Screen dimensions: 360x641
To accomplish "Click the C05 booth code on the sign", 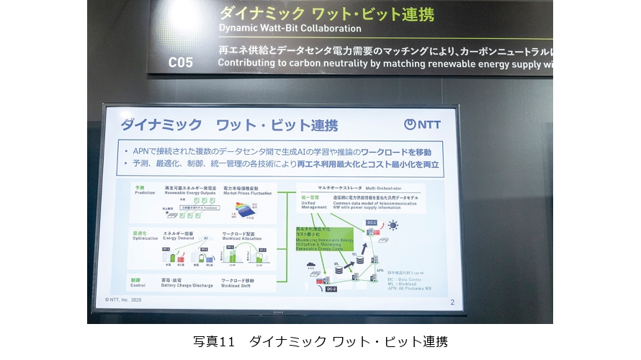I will [181, 62].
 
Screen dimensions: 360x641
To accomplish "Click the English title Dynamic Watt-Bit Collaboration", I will [290, 29].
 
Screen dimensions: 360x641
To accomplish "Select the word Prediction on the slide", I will [145, 192].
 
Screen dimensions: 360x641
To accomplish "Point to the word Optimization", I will [145, 238].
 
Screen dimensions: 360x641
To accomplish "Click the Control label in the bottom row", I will [139, 284].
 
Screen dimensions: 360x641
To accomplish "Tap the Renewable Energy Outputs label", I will [191, 192].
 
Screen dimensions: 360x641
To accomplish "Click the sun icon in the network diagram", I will [393, 225].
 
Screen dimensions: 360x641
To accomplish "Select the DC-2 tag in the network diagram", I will [331, 289].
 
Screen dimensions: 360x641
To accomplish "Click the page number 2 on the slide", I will [452, 302].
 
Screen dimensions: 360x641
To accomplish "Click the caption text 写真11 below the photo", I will [215, 341].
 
